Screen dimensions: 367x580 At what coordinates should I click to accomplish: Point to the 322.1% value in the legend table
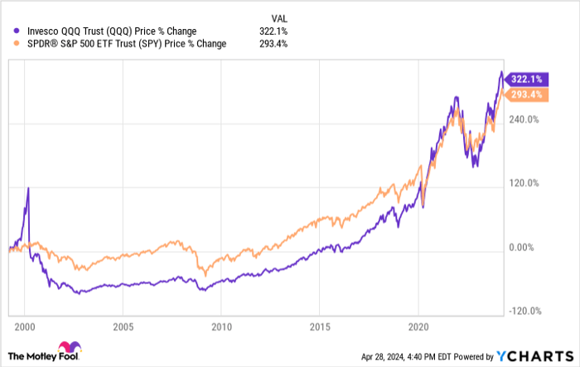point(273,31)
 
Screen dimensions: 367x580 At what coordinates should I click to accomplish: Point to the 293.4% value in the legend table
point(273,44)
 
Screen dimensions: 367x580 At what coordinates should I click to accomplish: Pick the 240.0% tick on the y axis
point(524,118)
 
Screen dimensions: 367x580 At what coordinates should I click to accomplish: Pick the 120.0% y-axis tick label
point(524,183)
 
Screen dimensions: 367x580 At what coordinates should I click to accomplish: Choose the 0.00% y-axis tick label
point(524,247)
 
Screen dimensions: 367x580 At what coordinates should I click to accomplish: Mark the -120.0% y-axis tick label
point(524,311)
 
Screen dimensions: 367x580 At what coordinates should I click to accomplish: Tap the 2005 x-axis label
point(123,326)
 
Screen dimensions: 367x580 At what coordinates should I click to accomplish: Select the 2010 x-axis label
point(221,326)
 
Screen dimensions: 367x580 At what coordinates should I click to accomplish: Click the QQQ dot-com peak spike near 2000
point(28,189)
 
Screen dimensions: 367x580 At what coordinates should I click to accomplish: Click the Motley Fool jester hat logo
point(67,348)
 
